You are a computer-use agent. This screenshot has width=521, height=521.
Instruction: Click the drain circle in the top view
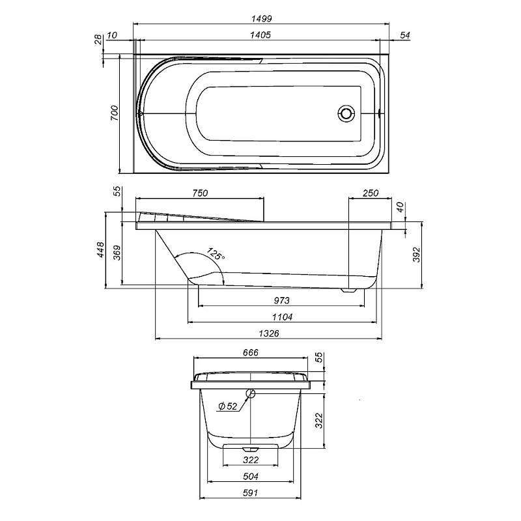pyautogui.click(x=346, y=114)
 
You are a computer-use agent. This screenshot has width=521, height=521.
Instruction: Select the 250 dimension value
pyautogui.click(x=370, y=193)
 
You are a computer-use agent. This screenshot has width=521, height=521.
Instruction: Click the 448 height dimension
pyautogui.click(x=100, y=250)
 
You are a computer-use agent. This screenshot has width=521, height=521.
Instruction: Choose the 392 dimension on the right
pyautogui.click(x=417, y=254)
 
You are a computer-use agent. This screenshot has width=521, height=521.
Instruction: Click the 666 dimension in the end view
pyautogui.click(x=251, y=352)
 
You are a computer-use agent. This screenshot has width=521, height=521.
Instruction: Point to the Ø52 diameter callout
pyautogui.click(x=227, y=406)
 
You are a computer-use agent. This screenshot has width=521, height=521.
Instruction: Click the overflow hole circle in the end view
pyautogui.click(x=250, y=393)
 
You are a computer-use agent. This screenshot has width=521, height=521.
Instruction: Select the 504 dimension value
pyautogui.click(x=251, y=476)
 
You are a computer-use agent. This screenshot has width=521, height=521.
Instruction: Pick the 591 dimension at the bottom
pyautogui.click(x=251, y=493)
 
